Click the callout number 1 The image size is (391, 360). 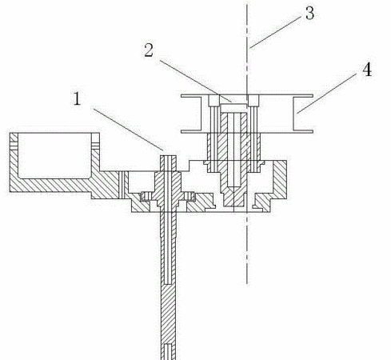(x=77, y=98)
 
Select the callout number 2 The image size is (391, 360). (x=149, y=50)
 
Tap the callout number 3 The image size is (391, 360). (x=309, y=13)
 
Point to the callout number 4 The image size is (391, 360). (x=367, y=70)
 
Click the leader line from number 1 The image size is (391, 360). (x=128, y=129)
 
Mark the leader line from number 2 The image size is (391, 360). (x=196, y=81)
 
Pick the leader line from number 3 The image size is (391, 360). (x=275, y=32)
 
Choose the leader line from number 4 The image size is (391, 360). (x=327, y=93)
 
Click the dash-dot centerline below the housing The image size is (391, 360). (x=247, y=249)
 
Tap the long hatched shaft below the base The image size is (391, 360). (x=169, y=286)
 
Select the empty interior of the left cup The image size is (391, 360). (x=54, y=154)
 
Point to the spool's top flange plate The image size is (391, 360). (x=247, y=95)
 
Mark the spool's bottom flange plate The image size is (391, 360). (x=247, y=131)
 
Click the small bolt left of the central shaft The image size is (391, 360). (x=146, y=197)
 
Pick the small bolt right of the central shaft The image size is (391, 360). (x=190, y=196)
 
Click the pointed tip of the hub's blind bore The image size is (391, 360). (x=233, y=186)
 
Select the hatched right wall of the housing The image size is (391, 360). (x=280, y=179)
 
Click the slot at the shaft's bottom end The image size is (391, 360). (x=168, y=351)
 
